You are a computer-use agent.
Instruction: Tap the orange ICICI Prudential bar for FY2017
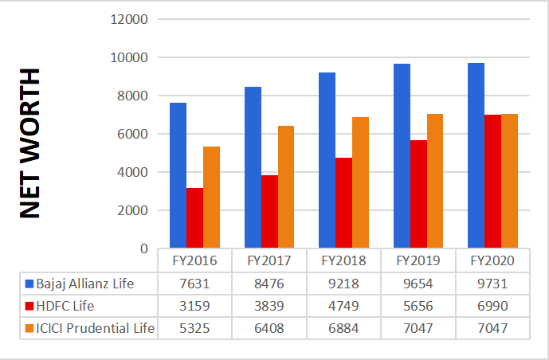tap(285, 187)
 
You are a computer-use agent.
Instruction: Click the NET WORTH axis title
tap(30, 143)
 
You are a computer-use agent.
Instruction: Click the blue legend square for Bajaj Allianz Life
tap(29, 284)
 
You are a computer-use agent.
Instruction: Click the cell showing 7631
tap(194, 284)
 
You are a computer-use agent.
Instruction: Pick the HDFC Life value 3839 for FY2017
tap(269, 306)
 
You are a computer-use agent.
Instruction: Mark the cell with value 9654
tap(418, 284)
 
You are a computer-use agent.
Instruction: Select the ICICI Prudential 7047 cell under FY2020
tap(492, 328)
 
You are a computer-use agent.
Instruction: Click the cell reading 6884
tap(343, 328)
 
